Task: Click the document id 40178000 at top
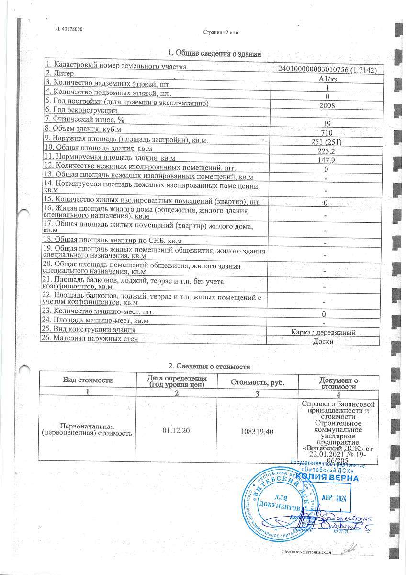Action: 69,29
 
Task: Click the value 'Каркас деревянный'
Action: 324,332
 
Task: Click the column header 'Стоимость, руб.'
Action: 257,382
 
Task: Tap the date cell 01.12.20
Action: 176,430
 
